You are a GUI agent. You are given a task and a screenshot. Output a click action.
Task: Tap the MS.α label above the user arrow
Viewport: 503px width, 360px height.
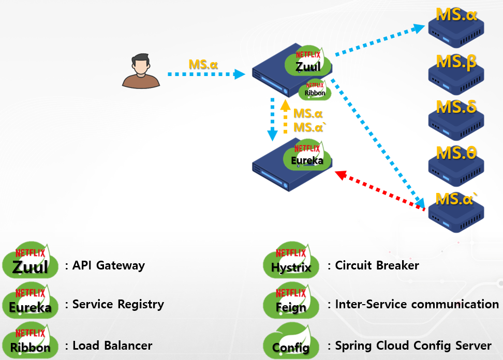click(203, 65)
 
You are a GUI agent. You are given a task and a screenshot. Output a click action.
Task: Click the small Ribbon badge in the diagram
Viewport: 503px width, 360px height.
click(315, 91)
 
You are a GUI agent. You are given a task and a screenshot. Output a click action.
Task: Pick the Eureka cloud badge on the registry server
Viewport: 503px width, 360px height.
click(307, 156)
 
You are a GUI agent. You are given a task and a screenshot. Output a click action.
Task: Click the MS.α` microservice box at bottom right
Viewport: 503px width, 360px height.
click(456, 209)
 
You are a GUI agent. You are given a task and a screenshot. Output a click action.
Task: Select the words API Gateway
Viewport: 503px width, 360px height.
click(109, 266)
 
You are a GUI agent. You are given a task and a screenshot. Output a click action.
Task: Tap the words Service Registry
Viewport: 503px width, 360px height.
click(118, 304)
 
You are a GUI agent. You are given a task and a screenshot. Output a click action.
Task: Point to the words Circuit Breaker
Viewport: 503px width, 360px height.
click(377, 266)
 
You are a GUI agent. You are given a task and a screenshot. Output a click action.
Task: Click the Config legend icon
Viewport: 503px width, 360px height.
click(291, 341)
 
